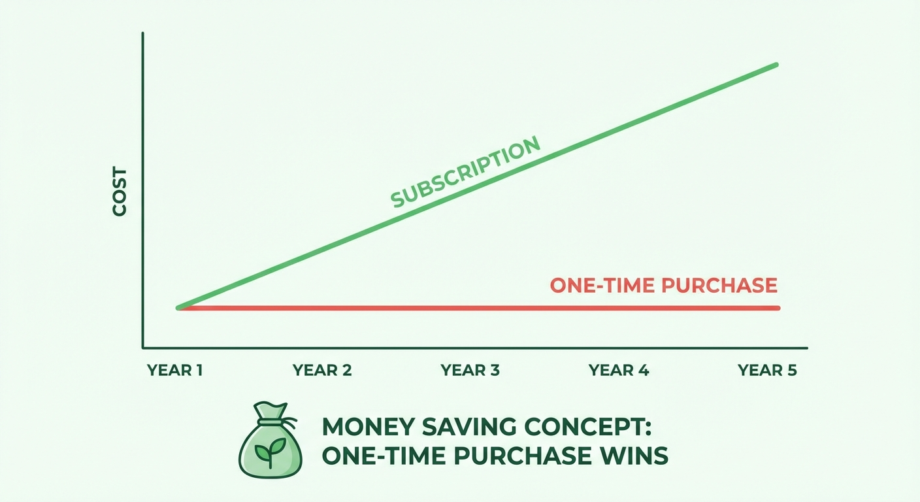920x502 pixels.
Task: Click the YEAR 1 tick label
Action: pos(174,371)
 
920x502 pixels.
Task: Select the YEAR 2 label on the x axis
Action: pos(322,371)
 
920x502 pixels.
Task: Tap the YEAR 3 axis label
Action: pos(470,371)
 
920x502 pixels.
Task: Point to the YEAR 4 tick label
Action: pos(618,371)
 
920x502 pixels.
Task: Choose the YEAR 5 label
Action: pos(767,371)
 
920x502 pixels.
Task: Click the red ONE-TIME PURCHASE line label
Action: pos(664,286)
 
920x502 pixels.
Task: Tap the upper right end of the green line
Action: pos(776,64)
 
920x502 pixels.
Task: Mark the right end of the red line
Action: pos(778,308)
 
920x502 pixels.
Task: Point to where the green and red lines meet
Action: pos(178,307)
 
